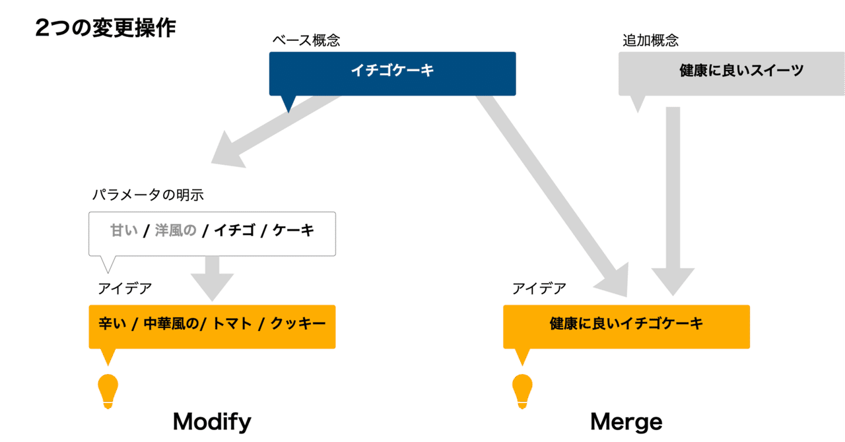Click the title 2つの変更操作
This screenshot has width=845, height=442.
105,28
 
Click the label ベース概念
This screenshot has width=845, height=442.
306,40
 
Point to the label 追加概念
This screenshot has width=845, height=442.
650,40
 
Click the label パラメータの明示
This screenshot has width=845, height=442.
147,195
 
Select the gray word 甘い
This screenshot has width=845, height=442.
123,230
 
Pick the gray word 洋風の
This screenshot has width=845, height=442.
176,230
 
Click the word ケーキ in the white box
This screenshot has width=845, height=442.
293,230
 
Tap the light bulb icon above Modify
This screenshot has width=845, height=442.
108,391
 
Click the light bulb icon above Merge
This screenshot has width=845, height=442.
522,391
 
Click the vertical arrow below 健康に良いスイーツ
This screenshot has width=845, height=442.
673,198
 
